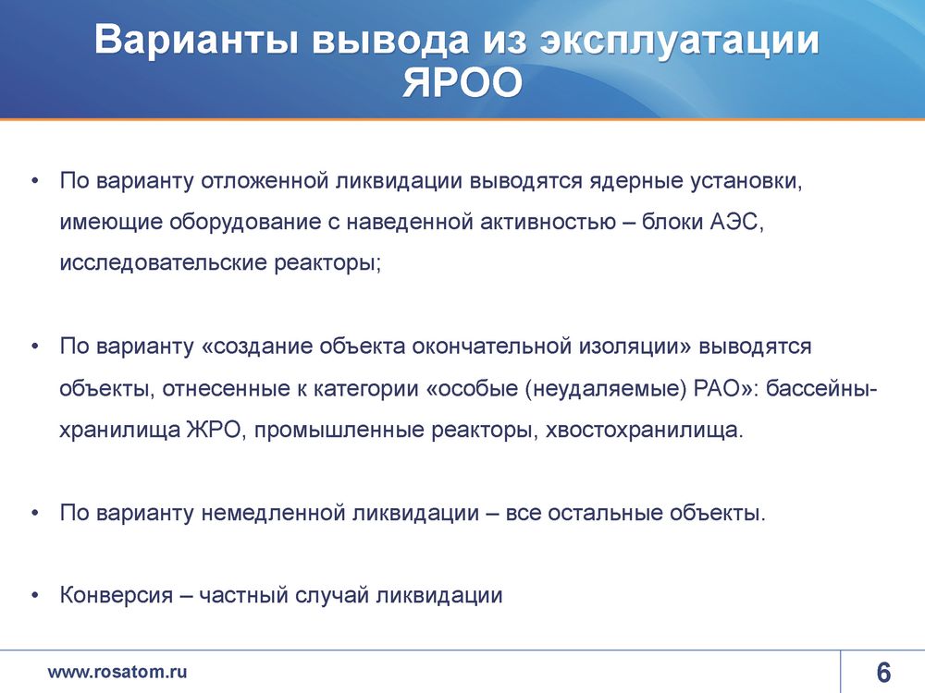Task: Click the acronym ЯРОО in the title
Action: (462, 82)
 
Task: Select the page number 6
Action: (883, 673)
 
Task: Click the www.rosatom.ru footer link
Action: (117, 672)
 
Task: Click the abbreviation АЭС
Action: (736, 222)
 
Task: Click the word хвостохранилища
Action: (644, 431)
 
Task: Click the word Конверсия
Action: (117, 596)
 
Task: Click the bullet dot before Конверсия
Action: (35, 596)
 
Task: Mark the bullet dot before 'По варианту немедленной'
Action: (35, 514)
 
